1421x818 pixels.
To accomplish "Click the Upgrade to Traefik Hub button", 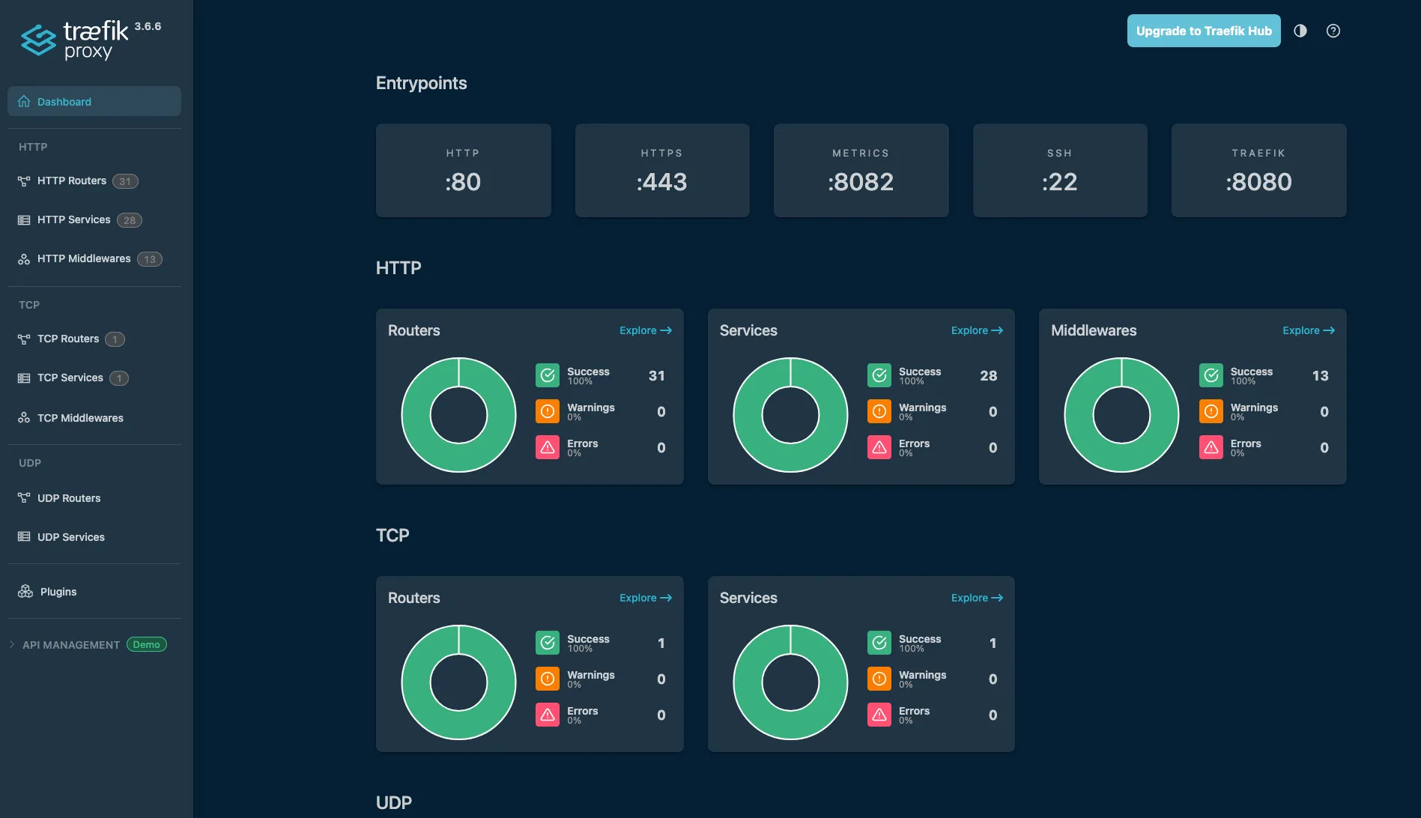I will pos(1203,31).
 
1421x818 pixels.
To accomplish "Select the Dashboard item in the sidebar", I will pos(64,102).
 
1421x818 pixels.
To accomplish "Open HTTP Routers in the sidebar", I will pos(72,181).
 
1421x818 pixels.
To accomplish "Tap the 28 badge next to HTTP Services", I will pos(130,220).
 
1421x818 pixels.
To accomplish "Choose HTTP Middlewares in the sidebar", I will pos(84,258).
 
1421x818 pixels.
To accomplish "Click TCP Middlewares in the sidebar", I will pos(80,418).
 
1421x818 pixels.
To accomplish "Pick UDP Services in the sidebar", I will pos(71,537).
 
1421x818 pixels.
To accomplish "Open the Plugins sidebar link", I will pos(58,592).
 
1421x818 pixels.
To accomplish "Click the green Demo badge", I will pos(146,645).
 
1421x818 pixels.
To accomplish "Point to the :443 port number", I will pos(661,182).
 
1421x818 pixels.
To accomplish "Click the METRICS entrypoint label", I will pos(861,153).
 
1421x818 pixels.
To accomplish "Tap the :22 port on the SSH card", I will pos(1059,182).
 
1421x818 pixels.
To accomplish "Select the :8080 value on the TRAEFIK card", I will pos(1258,182).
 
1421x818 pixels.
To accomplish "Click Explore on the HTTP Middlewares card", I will pos(1308,330).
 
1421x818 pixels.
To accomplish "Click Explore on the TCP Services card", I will pos(976,598).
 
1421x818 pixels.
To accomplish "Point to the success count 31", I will pos(656,376).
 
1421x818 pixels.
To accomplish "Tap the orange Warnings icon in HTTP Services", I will pos(879,411).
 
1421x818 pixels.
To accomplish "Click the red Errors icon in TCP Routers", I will pos(548,715).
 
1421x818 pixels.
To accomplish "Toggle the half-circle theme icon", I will pos(1300,31).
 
